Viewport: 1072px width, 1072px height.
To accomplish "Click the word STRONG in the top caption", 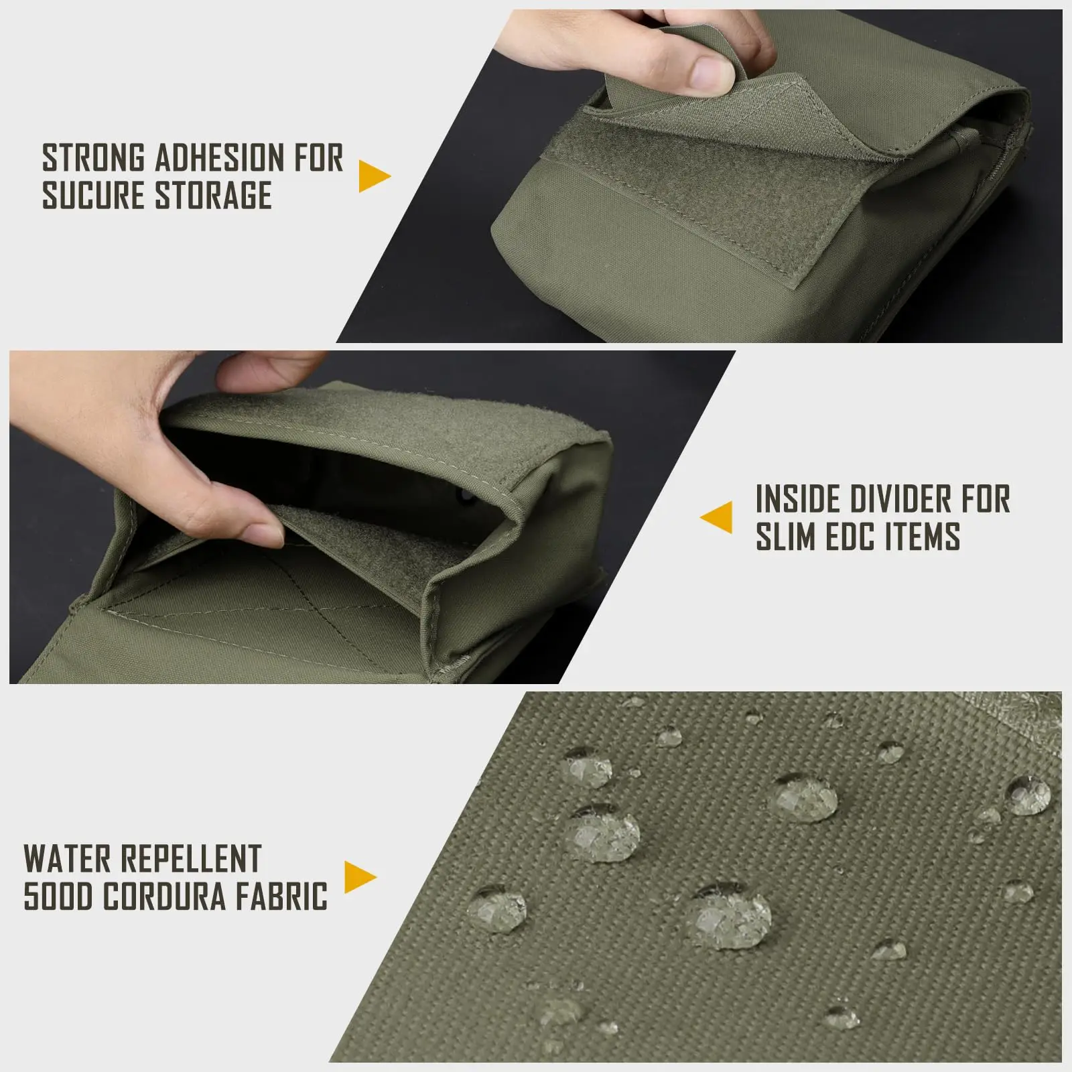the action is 94,158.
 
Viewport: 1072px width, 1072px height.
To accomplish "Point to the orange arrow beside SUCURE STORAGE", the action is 375,176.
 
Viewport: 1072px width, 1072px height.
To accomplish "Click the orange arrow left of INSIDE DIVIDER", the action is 716,517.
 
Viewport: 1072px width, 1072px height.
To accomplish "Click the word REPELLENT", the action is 189,859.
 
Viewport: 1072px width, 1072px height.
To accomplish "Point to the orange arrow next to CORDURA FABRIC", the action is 361,877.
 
